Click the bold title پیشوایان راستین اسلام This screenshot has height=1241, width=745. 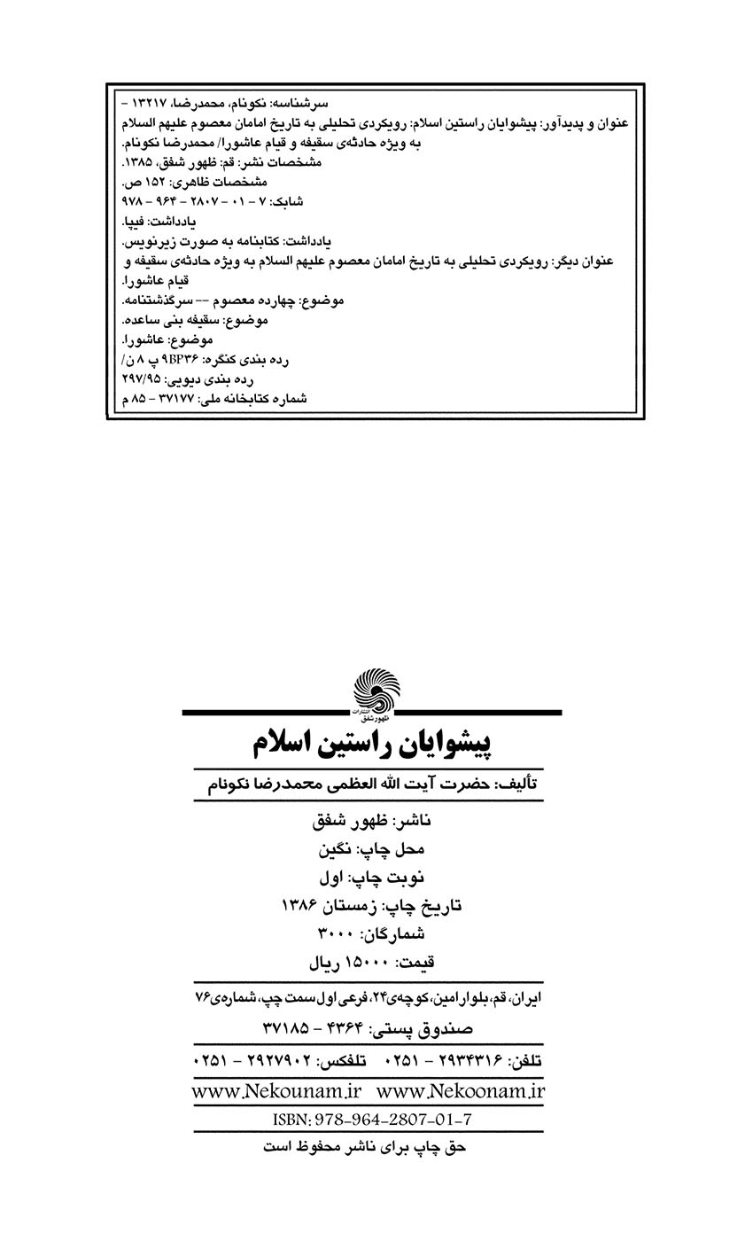(x=372, y=743)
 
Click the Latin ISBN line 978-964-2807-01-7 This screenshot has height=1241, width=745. (x=372, y=1120)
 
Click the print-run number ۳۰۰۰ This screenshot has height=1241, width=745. (x=335, y=933)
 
